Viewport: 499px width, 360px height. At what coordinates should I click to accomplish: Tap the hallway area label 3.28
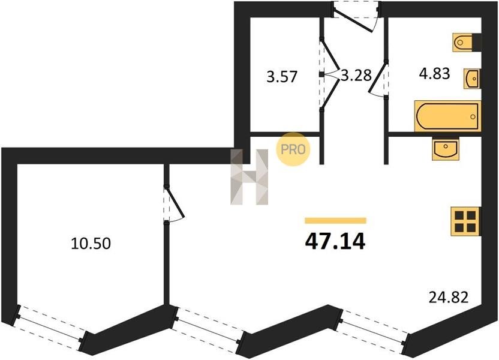[x=356, y=76]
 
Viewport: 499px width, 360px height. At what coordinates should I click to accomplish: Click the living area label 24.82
[x=448, y=296]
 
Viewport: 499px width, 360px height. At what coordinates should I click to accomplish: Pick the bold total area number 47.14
[x=335, y=241]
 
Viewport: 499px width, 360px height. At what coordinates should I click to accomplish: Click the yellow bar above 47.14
[x=335, y=220]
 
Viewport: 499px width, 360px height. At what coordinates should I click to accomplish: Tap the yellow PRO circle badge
[x=293, y=149]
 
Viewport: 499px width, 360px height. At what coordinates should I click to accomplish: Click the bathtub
[x=447, y=116]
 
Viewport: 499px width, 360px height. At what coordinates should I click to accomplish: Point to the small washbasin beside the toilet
[x=472, y=78]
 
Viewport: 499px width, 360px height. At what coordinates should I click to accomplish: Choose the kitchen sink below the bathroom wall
[x=444, y=149]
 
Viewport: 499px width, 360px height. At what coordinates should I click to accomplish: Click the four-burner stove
[x=465, y=222]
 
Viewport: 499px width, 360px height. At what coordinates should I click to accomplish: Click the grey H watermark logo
[x=249, y=177]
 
